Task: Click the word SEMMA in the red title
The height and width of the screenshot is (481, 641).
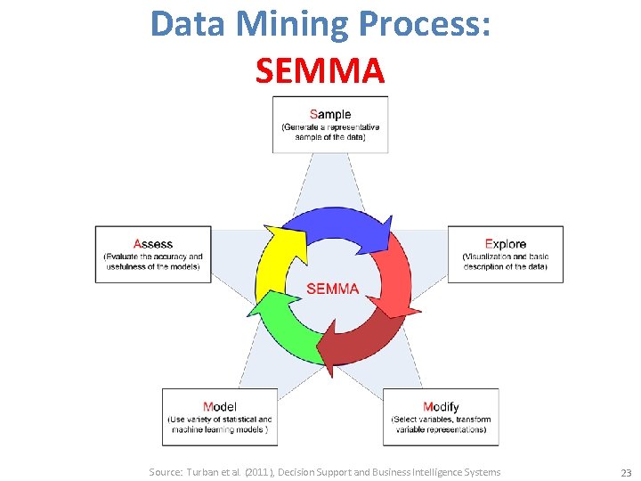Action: coord(320,70)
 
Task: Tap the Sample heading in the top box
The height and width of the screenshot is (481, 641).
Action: coord(330,114)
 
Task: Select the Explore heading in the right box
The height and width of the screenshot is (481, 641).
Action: coord(505,243)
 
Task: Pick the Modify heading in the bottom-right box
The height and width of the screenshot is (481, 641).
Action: coord(441,407)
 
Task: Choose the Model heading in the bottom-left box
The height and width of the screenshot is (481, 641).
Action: coord(220,407)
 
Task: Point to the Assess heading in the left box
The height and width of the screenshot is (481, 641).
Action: coord(153,243)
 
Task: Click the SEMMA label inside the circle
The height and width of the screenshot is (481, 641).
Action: coord(332,289)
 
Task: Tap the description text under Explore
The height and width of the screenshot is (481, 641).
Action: coord(505,262)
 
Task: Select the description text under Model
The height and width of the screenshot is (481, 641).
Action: coord(220,424)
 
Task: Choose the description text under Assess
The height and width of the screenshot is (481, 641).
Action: coord(153,262)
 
